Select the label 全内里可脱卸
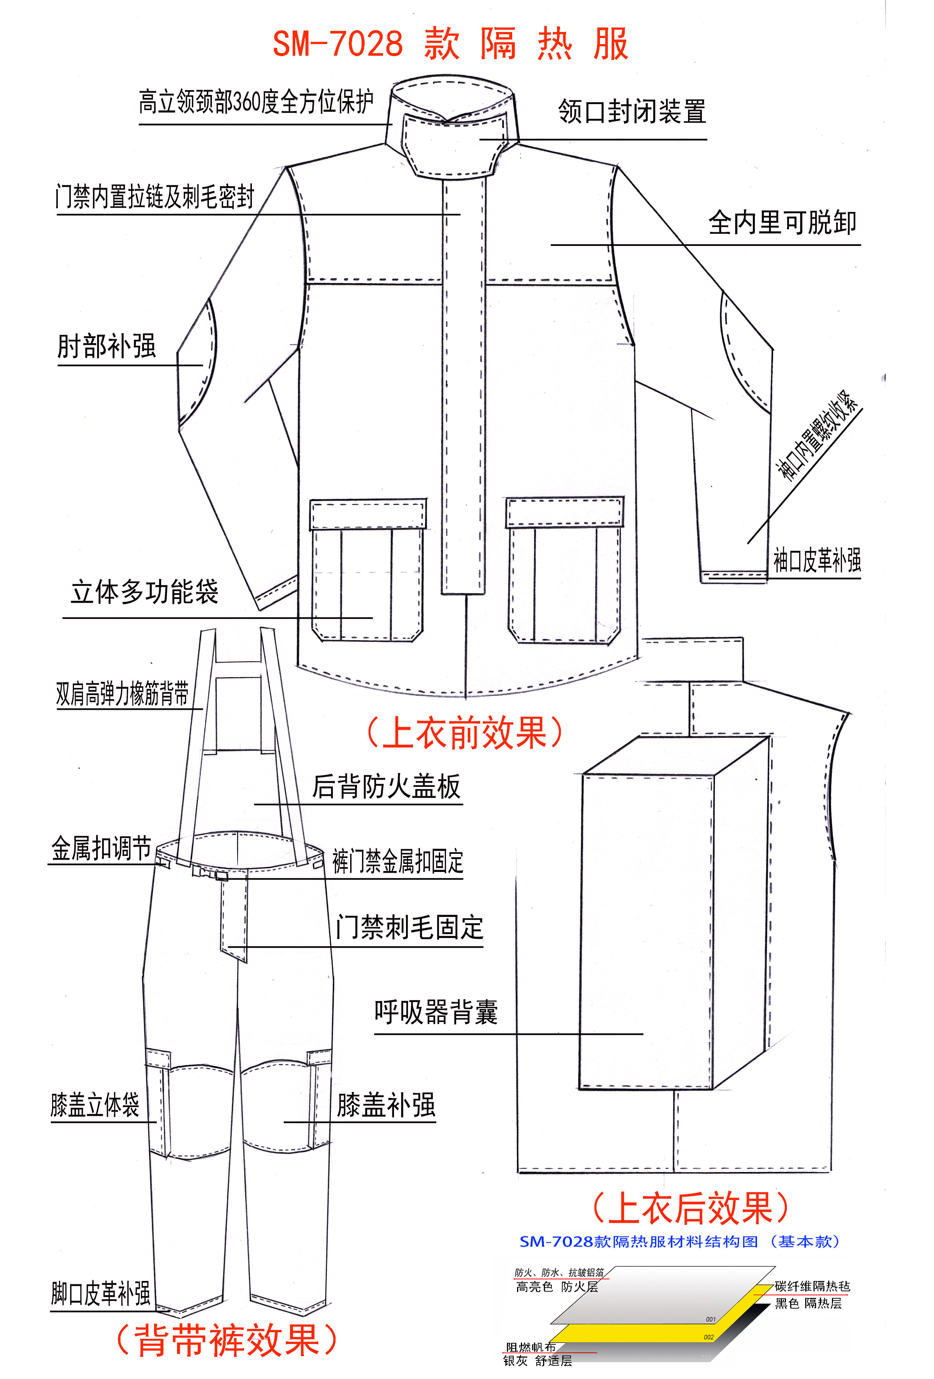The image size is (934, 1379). point(782,223)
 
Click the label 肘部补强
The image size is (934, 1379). point(107,346)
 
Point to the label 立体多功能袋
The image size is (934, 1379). point(145,592)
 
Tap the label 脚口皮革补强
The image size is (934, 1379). point(101,1293)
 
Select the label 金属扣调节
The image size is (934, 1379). point(101,849)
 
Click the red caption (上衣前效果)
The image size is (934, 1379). point(464,732)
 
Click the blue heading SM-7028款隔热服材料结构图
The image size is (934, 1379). point(679,1242)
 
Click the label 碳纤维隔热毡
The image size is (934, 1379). point(812,1286)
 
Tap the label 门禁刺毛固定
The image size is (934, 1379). point(409,927)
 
